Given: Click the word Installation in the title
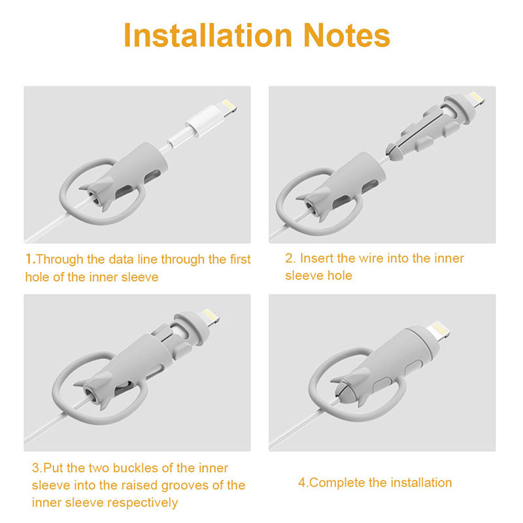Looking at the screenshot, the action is (208, 35).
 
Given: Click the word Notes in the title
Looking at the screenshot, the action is (346, 35).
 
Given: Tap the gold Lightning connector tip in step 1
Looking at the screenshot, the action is (229, 108).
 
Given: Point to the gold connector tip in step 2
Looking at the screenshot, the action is (477, 99).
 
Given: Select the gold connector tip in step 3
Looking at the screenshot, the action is (210, 316).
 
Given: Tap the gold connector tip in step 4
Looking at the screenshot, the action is (437, 330).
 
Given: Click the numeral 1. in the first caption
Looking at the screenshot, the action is (31, 259).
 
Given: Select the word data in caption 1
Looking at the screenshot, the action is (122, 259).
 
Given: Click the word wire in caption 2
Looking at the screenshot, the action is (371, 258).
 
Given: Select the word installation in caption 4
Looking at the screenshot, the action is (421, 482).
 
